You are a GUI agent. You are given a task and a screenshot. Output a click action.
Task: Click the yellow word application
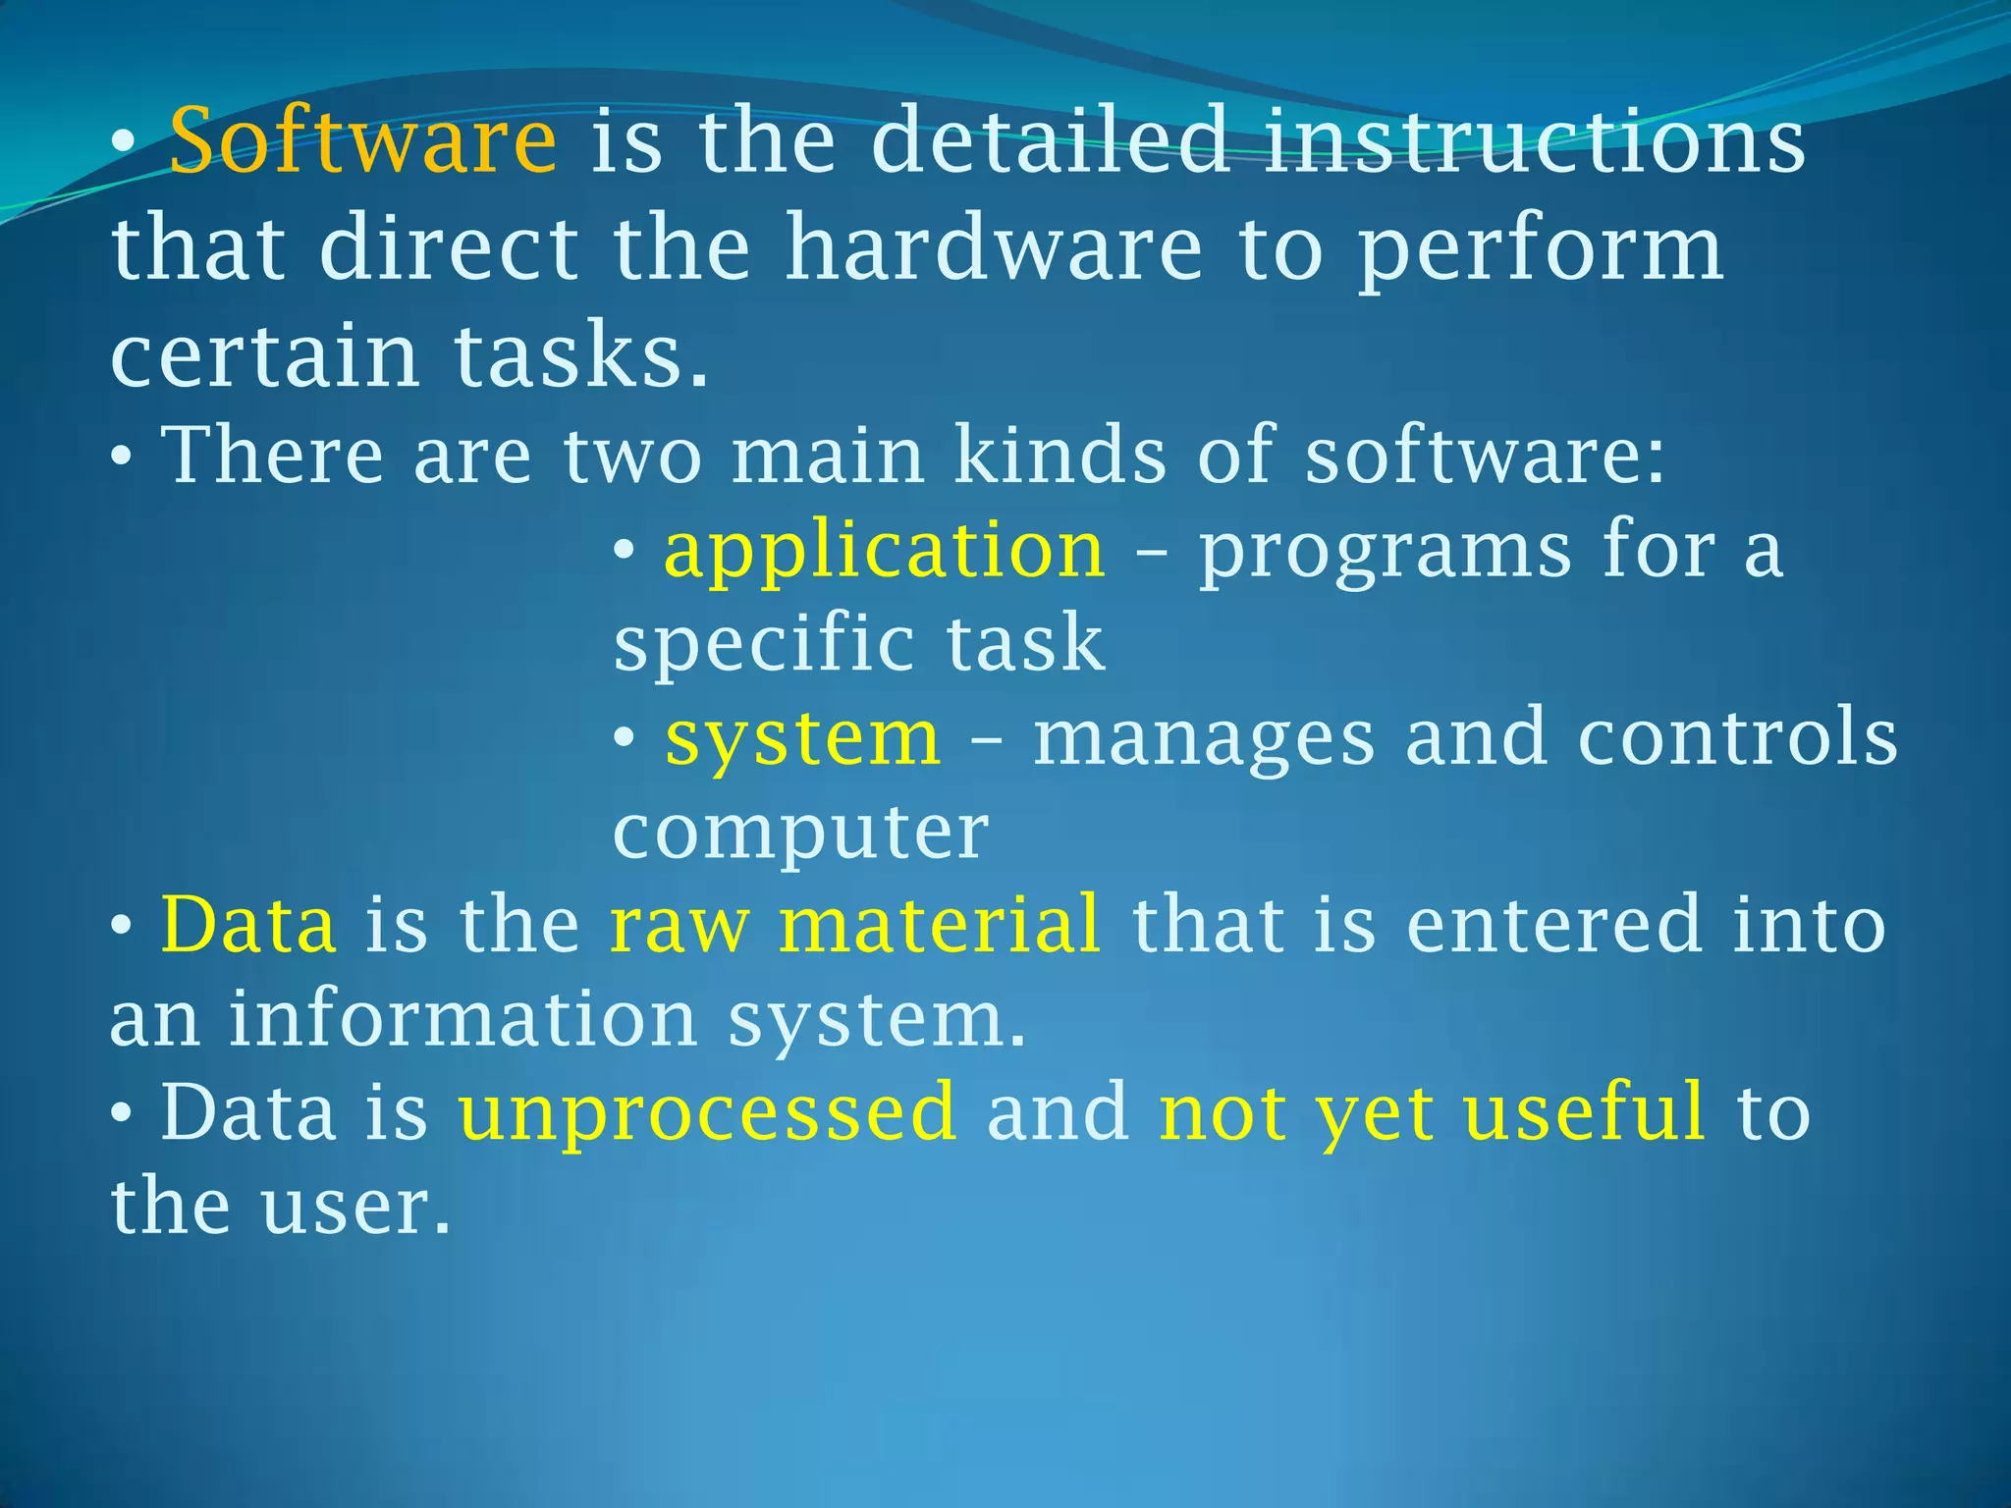pos(884,552)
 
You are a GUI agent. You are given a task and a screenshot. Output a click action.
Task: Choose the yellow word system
pos(802,739)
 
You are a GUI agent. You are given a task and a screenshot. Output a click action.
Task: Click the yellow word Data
pos(248,924)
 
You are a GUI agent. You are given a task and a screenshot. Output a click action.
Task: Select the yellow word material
pos(940,924)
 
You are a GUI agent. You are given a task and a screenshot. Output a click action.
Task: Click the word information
pos(462,1018)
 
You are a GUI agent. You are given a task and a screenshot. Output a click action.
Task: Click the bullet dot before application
pos(624,553)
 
